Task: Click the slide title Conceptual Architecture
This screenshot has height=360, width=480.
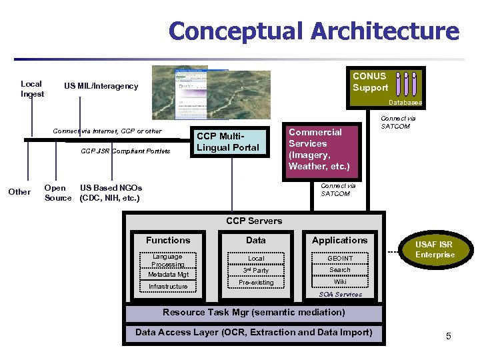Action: click(x=314, y=31)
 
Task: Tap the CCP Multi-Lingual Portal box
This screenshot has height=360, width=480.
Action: click(x=227, y=142)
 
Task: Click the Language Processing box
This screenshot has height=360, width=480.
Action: click(x=167, y=260)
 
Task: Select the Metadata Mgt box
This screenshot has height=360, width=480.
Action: click(x=168, y=274)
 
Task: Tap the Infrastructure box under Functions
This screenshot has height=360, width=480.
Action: click(x=168, y=287)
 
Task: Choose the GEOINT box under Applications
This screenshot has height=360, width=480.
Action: click(x=340, y=258)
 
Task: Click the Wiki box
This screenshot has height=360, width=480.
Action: click(x=340, y=281)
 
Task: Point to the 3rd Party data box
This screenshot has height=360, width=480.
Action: click(x=256, y=270)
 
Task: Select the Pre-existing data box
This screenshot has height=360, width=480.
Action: click(x=256, y=283)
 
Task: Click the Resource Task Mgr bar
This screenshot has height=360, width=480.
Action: click(x=254, y=312)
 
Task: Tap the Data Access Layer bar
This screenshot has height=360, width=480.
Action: click(x=254, y=333)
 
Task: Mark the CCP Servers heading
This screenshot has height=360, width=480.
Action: click(x=254, y=221)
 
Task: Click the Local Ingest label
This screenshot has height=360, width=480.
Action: click(x=31, y=89)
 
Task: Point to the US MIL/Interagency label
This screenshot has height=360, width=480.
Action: click(x=101, y=86)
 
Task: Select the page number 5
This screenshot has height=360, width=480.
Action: click(x=449, y=336)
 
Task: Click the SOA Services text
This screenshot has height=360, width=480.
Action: click(x=340, y=294)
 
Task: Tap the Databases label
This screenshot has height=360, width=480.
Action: click(x=405, y=103)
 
